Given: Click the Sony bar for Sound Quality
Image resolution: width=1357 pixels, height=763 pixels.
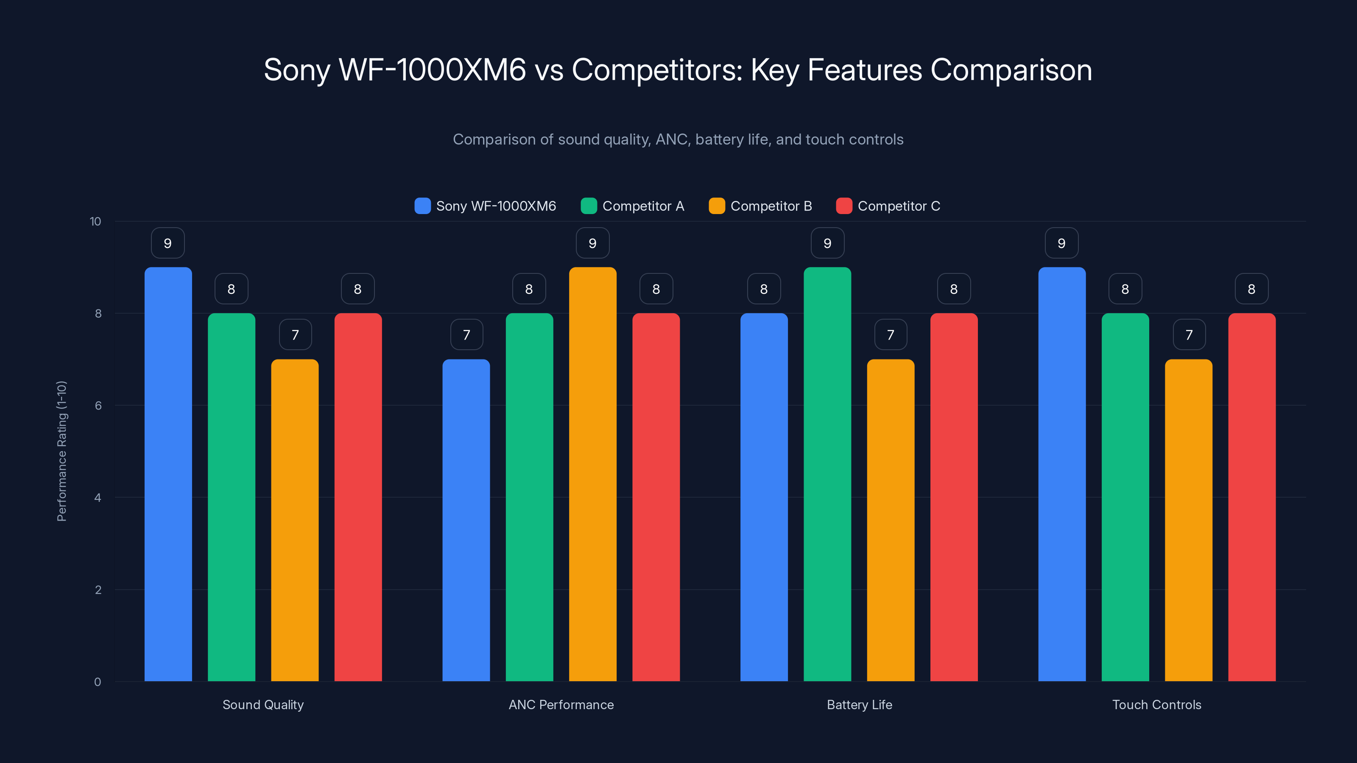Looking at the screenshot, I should (168, 474).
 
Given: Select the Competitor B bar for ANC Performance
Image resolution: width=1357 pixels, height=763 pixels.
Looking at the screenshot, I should (593, 474).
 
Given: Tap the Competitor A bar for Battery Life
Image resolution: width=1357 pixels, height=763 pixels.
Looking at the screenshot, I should (827, 474).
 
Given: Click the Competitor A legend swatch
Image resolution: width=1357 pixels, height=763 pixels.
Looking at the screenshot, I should (589, 206).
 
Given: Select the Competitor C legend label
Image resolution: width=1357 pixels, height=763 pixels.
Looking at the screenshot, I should (899, 206).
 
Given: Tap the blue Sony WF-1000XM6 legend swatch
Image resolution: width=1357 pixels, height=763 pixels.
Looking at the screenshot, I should (422, 206).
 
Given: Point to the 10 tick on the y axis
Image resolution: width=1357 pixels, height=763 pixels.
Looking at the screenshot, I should (95, 221).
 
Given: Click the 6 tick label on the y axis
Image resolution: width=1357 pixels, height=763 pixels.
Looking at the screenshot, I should (98, 406).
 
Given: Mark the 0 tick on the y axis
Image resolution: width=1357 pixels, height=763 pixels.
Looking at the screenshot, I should (98, 682).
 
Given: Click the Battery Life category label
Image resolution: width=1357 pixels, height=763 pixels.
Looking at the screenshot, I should (859, 705).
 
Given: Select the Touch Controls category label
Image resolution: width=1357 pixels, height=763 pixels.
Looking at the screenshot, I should (1156, 705).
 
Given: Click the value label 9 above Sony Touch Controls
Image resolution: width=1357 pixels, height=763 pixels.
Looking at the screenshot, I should (1061, 243).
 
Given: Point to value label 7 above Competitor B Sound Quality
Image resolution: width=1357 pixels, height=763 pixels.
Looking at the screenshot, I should (295, 335).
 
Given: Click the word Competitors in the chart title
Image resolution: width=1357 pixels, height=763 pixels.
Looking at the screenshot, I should (657, 70).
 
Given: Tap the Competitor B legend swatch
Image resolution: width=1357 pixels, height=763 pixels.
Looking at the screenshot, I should (716, 206).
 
